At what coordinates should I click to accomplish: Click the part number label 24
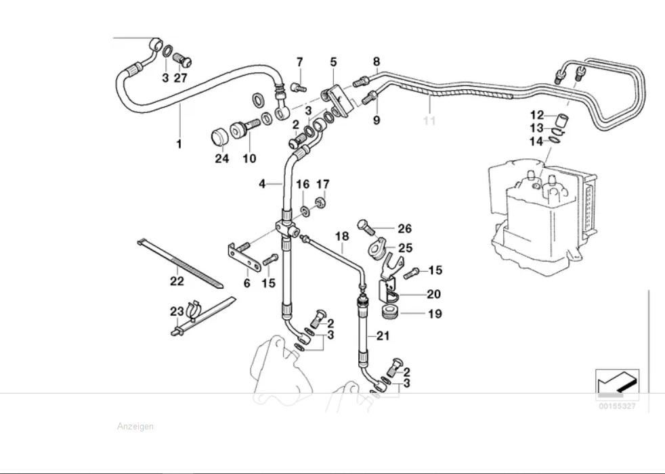[222, 159]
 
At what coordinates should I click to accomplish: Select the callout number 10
[249, 159]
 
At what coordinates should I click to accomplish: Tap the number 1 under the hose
[179, 144]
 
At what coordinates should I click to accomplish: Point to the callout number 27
[181, 78]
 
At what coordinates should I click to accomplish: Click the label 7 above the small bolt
[299, 62]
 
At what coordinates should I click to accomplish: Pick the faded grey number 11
[429, 121]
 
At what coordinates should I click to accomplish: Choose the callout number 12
[537, 115]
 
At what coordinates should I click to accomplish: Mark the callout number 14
[537, 141]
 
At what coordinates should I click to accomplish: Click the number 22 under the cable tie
[177, 281]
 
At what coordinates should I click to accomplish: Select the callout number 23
[177, 312]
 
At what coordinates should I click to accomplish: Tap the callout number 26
[404, 229]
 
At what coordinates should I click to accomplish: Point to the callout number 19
[434, 314]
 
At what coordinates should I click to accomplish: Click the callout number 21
[383, 336]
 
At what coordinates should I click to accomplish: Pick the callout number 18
[342, 237]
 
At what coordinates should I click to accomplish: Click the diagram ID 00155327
[616, 406]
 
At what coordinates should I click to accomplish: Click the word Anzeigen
[135, 427]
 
